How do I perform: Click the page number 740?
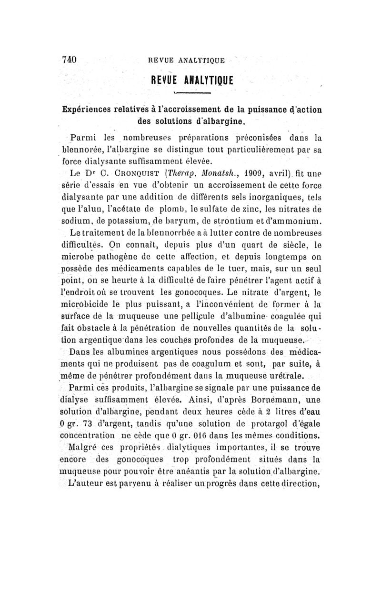(70, 60)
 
